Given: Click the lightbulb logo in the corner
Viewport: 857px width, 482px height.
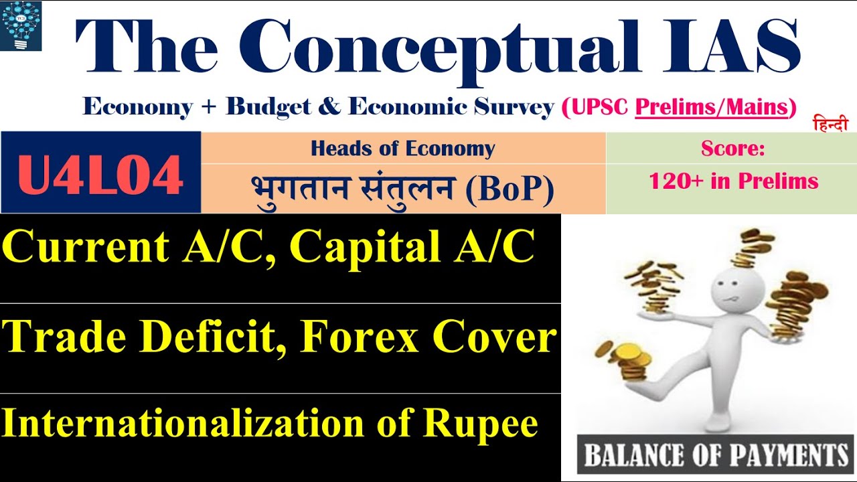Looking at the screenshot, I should [x=21, y=26].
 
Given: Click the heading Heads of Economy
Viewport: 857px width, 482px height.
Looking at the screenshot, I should [x=402, y=149].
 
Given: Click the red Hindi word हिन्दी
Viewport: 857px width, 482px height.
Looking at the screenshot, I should [x=830, y=125].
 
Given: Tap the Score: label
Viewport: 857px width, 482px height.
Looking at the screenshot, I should [x=732, y=149].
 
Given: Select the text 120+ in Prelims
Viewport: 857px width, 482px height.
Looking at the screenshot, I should [x=733, y=181].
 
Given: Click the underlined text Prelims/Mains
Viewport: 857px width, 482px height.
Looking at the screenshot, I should [x=711, y=106].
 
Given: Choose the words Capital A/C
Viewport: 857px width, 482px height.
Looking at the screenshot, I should [x=412, y=249].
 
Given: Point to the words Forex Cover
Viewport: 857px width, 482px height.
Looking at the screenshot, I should [x=428, y=339].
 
